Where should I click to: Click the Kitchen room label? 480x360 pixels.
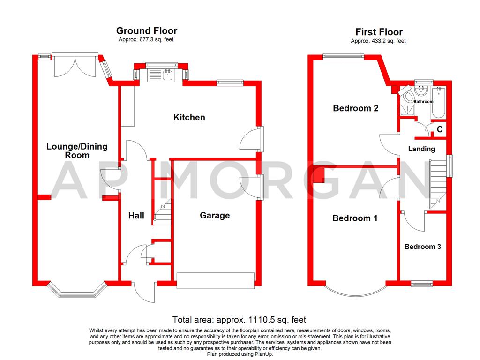189,117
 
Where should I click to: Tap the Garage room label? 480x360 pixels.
215,215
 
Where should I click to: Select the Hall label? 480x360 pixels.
136,216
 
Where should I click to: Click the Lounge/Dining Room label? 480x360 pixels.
77,150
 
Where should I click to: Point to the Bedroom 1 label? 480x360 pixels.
355,218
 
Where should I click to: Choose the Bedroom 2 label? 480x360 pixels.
355,108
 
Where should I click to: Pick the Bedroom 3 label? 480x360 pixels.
423,247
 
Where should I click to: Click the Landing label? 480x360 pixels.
421,149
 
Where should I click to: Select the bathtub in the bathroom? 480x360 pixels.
440,102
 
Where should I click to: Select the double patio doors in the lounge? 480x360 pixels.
70,66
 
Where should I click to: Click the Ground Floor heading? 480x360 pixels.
147,31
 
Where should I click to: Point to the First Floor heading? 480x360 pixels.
379,32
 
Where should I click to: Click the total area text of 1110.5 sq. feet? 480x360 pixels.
239,320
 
